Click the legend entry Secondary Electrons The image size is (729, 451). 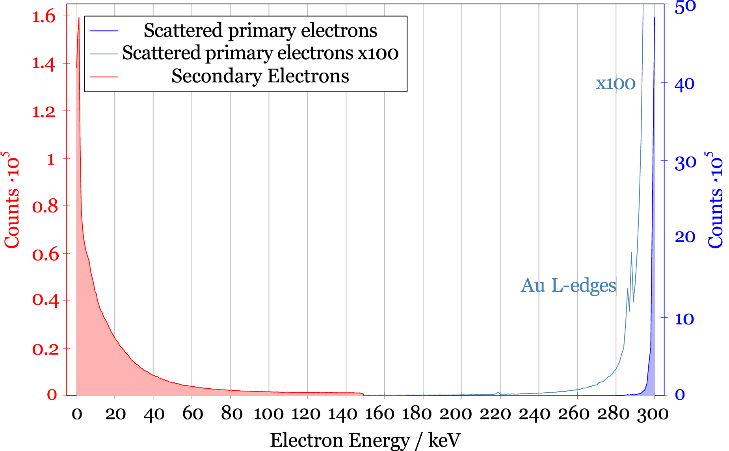260,76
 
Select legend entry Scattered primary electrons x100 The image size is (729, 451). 260,53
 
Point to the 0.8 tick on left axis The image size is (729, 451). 45,206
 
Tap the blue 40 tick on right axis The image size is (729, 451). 684,84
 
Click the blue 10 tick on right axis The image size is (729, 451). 684,319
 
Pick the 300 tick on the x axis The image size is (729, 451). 653,414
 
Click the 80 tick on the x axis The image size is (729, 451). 231,414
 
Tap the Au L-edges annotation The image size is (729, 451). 568,285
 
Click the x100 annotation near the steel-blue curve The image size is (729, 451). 616,84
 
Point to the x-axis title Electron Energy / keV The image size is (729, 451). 365,440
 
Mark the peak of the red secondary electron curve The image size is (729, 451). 79,18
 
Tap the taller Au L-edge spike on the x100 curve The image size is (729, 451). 631,253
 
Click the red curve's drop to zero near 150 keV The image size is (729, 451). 363,394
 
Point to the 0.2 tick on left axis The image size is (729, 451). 45,349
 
